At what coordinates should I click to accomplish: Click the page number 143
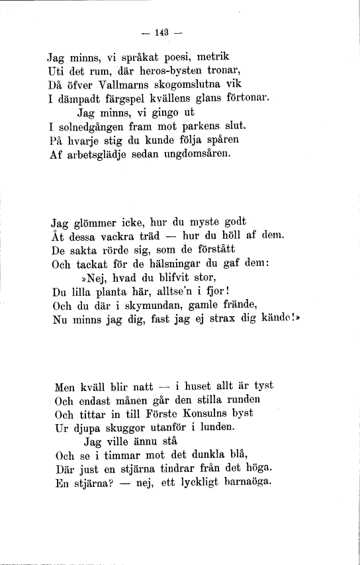click(161, 32)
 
